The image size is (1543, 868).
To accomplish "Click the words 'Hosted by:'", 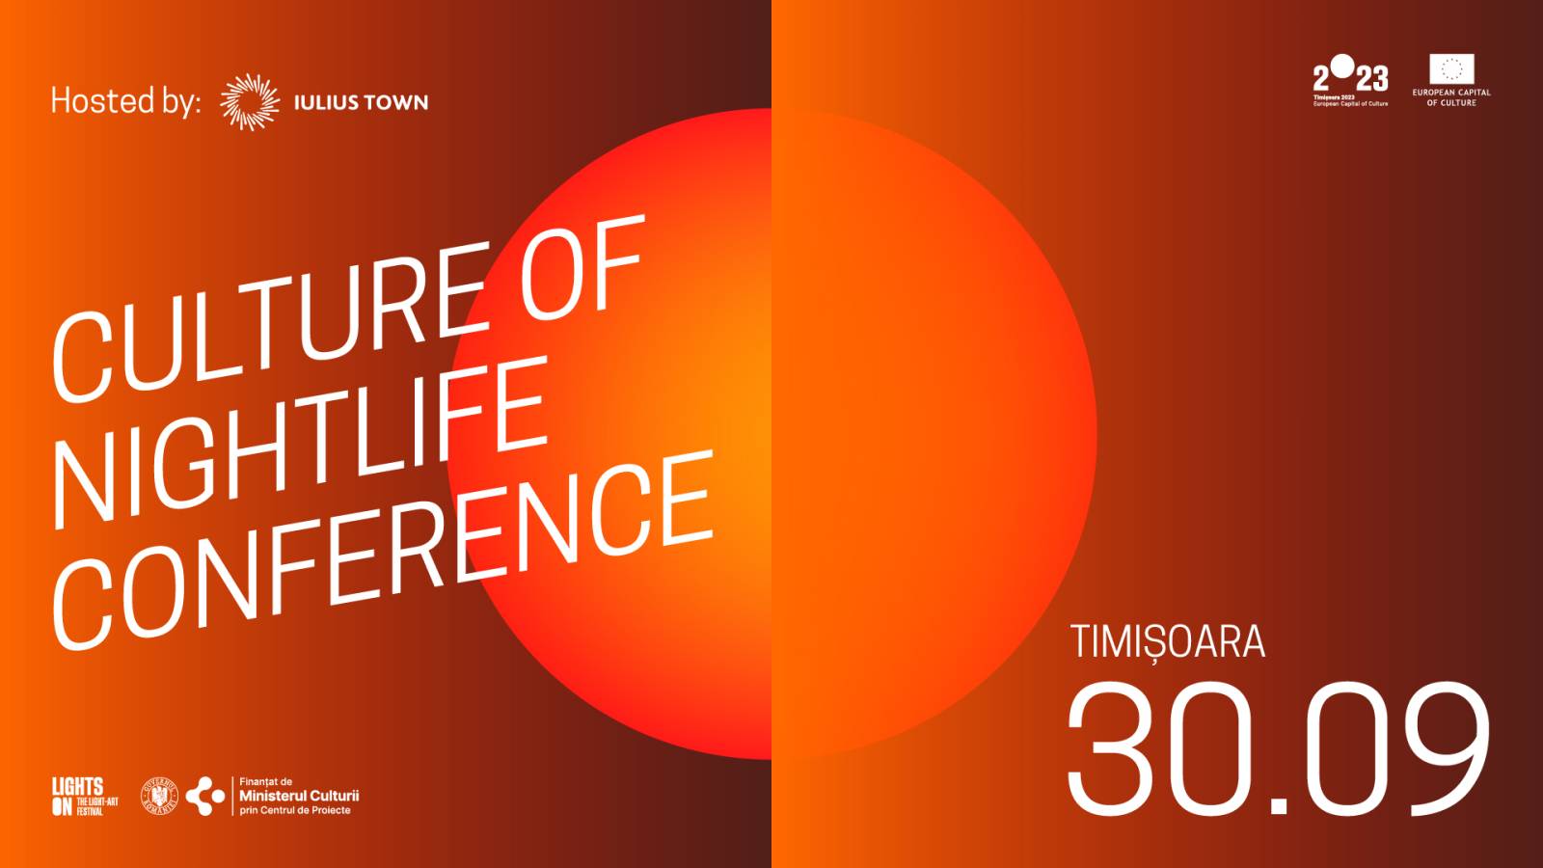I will (x=125, y=101).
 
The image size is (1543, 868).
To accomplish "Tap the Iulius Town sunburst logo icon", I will (x=250, y=101).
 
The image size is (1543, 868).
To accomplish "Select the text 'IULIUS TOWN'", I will (x=361, y=102).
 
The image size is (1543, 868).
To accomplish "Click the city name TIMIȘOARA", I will (x=1167, y=642).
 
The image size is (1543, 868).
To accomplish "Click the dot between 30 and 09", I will (x=1278, y=805).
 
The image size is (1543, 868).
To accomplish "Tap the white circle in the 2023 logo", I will (x=1341, y=66).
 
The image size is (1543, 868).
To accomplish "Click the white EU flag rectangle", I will (x=1451, y=68).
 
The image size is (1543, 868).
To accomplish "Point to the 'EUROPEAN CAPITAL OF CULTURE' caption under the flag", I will (x=1451, y=97).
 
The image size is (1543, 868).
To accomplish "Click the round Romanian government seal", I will (x=160, y=796).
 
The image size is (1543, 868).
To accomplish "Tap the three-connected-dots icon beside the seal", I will (x=205, y=797).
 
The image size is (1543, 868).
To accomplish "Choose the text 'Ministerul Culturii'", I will (x=299, y=796).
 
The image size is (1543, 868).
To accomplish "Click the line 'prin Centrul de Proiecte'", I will (x=295, y=811).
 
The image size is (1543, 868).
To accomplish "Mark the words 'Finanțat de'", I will (x=265, y=781).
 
